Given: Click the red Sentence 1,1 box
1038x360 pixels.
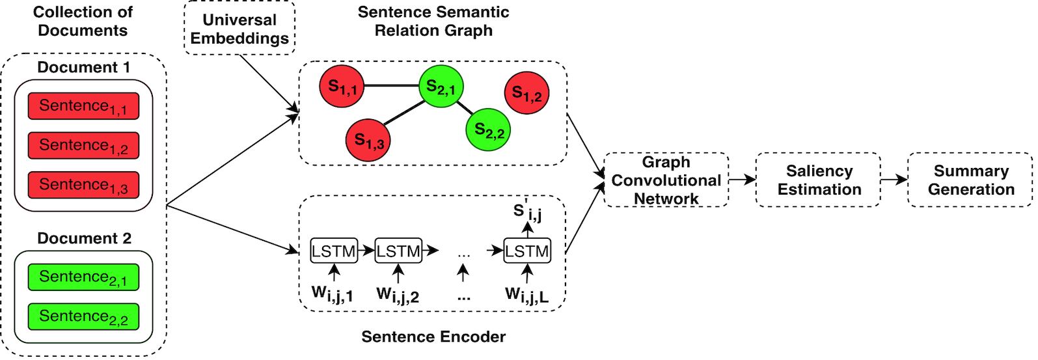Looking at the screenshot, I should click(83, 106).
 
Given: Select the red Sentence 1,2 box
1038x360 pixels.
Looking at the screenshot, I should click(83, 146).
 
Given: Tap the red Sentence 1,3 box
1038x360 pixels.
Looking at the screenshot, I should click(83, 185).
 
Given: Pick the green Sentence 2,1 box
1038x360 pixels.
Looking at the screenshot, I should click(83, 277).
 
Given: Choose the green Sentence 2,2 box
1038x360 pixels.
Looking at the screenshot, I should click(83, 316).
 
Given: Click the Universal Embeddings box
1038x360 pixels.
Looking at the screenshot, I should click(239, 29).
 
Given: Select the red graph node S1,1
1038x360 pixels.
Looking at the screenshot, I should click(341, 86).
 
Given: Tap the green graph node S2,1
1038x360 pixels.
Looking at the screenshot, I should click(441, 86).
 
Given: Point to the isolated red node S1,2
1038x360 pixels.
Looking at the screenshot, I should click(526, 93).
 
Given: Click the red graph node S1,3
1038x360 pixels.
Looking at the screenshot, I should click(368, 139).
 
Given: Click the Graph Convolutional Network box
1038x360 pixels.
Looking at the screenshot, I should click(666, 180).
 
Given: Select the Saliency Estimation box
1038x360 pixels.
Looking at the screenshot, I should click(819, 180).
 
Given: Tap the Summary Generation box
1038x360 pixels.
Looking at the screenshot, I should click(970, 180).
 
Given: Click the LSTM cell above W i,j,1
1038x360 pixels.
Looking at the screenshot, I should click(334, 251).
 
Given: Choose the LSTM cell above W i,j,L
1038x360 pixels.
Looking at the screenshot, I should click(527, 251).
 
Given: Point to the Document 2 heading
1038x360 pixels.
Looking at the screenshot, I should click(84, 238).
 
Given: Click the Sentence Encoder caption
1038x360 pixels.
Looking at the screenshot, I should click(433, 337).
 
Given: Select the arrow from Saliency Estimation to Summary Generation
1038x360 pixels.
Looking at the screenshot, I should click(894, 180).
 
